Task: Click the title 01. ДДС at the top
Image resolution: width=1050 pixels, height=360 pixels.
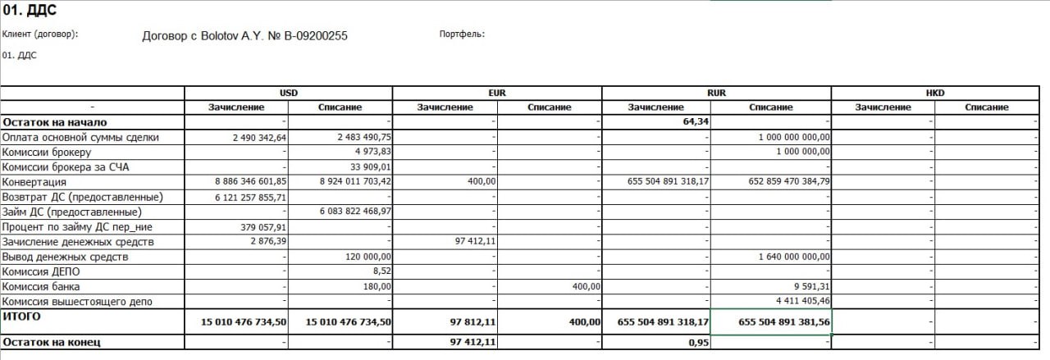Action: pos(30,11)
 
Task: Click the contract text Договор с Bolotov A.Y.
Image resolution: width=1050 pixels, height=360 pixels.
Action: pos(244,36)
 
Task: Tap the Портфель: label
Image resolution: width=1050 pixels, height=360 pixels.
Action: pos(462,34)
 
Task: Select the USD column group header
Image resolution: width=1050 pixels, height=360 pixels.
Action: pos(289,93)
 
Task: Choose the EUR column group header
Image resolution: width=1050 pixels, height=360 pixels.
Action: pos(497,93)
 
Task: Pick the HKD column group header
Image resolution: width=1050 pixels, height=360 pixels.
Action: pos(935,93)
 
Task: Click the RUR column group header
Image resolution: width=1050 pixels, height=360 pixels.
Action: pos(716,93)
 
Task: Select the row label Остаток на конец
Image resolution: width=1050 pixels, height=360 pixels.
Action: pos(52,342)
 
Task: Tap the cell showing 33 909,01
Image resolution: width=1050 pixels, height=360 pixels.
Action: pos(365,167)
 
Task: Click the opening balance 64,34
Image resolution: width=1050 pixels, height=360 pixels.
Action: pos(695,122)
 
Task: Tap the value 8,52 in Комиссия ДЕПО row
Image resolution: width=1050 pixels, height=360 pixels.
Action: pos(381,271)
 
